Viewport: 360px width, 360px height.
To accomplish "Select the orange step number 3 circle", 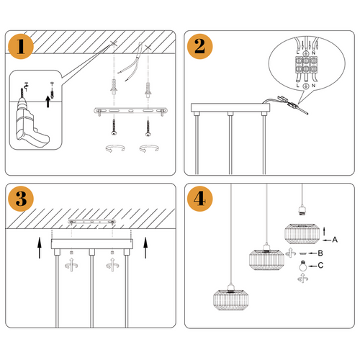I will tap(22, 199).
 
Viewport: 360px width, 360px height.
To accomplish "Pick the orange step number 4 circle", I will tap(199, 199).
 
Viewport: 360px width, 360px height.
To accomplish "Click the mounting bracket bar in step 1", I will tap(130, 112).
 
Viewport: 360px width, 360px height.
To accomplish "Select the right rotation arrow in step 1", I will tap(149, 150).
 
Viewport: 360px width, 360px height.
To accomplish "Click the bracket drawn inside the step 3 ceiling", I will tap(91, 222).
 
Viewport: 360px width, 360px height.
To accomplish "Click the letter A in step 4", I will tap(336, 238).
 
